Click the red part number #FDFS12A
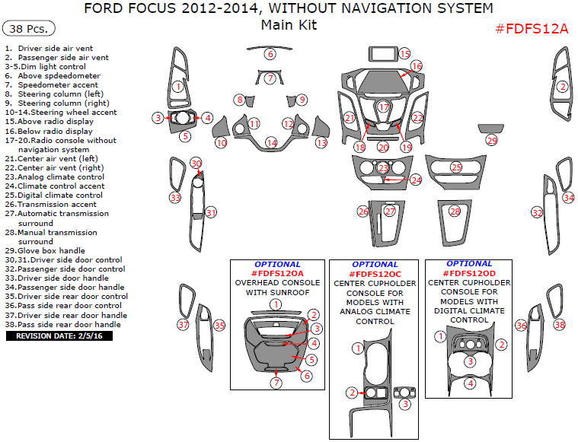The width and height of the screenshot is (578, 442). pyautogui.click(x=532, y=29)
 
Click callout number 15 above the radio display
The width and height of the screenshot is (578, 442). pyautogui.click(x=404, y=54)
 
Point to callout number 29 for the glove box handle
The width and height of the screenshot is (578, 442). pyautogui.click(x=492, y=141)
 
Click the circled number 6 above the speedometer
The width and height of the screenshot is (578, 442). pyautogui.click(x=270, y=54)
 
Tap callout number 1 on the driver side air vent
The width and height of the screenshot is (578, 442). pyautogui.click(x=177, y=87)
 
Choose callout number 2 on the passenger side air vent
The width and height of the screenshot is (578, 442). pyautogui.click(x=563, y=87)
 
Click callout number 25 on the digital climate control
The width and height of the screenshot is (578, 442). pyautogui.click(x=456, y=167)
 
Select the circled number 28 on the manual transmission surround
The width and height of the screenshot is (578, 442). pyautogui.click(x=455, y=211)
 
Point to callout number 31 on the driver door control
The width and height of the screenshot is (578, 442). pyautogui.click(x=211, y=213)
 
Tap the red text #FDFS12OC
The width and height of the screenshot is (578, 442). pyautogui.click(x=374, y=274)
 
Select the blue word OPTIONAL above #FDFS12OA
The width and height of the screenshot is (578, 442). pyautogui.click(x=277, y=265)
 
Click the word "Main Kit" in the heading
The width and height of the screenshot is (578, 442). pyautogui.click(x=289, y=25)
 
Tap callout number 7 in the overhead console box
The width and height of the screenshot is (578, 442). pyautogui.click(x=276, y=383)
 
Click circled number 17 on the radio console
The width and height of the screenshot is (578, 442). pyautogui.click(x=384, y=107)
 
